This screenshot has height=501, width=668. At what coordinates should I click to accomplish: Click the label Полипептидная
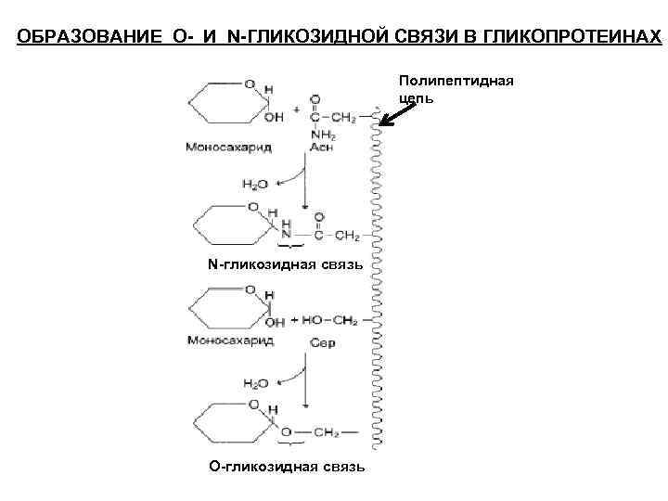coord(456,81)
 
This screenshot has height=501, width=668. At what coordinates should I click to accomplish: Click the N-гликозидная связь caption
coord(287,265)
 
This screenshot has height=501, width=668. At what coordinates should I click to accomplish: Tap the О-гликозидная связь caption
coord(287,465)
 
